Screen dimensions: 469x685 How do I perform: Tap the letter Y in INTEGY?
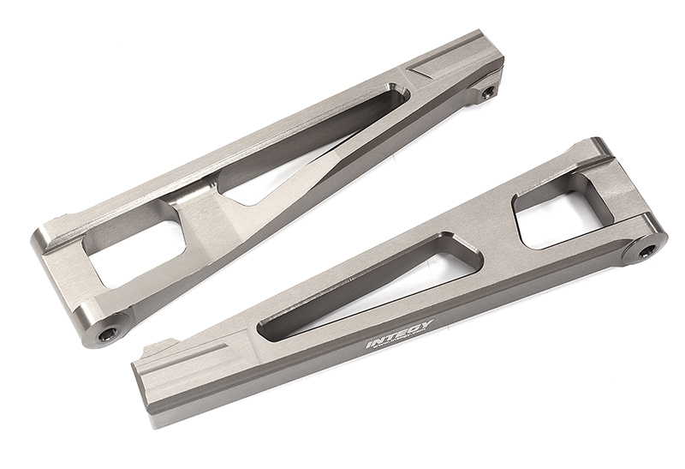[x=429, y=324]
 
